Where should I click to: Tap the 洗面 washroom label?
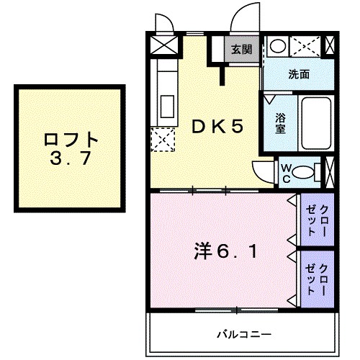coord(298,73)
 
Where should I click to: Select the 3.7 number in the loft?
coord(71,160)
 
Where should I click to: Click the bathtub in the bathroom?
coord(315,123)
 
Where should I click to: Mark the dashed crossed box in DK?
coord(162,139)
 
